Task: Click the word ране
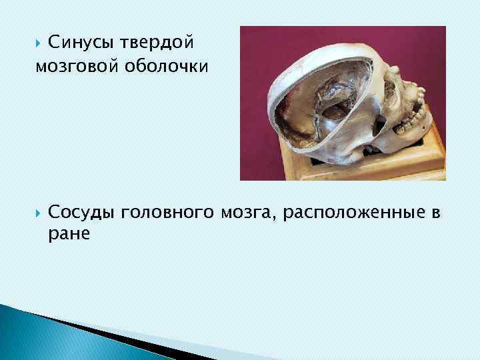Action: pos(69,235)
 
